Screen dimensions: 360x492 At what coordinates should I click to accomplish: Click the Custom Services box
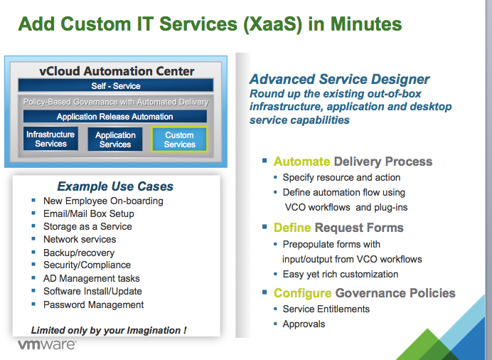179,139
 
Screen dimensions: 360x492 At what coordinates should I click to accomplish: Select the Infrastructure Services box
50,139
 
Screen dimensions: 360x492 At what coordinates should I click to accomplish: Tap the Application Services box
115,139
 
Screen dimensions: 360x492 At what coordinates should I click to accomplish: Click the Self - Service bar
116,86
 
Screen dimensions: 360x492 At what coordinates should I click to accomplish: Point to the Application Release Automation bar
115,117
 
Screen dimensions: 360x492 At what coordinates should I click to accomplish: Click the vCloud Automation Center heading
117,71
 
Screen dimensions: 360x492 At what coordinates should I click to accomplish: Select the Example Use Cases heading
115,186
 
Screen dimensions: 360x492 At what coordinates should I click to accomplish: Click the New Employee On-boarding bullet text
103,201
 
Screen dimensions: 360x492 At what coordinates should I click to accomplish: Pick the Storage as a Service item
87,226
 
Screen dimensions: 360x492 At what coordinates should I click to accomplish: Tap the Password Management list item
93,305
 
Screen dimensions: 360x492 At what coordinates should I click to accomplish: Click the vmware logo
47,345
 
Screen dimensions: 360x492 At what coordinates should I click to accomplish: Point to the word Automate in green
301,162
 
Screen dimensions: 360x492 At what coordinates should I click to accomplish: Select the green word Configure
302,293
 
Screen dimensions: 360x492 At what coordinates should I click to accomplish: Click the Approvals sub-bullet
304,324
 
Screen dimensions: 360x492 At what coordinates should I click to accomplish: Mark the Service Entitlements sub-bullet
326,309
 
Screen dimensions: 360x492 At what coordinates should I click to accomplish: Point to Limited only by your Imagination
109,330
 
